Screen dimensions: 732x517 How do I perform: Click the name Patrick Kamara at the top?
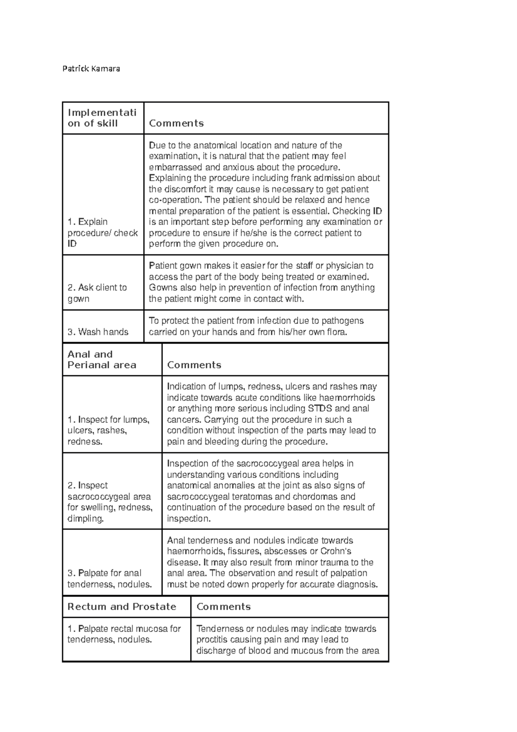91,69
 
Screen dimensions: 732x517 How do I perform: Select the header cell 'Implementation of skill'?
102,118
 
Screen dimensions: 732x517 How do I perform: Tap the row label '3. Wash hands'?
98,332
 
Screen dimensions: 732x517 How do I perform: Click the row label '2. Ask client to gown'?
97,293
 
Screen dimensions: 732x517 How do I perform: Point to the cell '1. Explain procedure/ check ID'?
103,233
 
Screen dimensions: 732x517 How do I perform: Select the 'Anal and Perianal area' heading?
102,360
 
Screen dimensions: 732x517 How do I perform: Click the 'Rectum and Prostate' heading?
122,607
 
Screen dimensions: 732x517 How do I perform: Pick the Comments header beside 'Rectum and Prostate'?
223,607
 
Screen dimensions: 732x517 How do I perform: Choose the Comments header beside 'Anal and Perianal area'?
194,365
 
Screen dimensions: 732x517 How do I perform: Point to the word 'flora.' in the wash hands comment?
334,332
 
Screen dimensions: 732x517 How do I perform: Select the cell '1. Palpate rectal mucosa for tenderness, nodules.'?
124,634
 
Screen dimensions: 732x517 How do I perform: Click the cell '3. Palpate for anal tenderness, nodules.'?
110,579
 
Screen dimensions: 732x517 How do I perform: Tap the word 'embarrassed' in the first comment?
171,167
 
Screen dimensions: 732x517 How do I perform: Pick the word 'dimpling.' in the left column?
86,519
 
